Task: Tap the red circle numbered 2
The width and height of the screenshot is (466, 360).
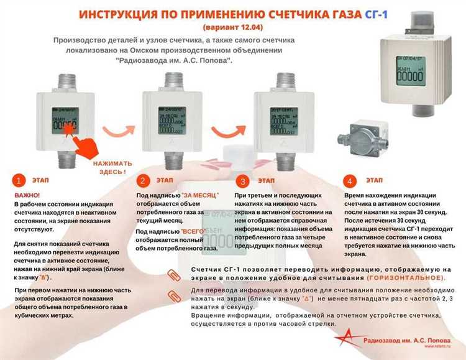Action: pyautogui.click(x=144, y=181)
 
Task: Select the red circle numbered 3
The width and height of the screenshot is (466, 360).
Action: pyautogui.click(x=243, y=181)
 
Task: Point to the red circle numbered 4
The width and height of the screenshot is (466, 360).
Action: pyautogui.click(x=350, y=181)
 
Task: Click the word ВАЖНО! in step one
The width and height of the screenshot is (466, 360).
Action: pyautogui.click(x=26, y=196)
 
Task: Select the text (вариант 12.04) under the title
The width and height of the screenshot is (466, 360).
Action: pyautogui.click(x=233, y=27)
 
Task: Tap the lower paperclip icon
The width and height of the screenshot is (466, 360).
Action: pyautogui.click(x=173, y=295)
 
